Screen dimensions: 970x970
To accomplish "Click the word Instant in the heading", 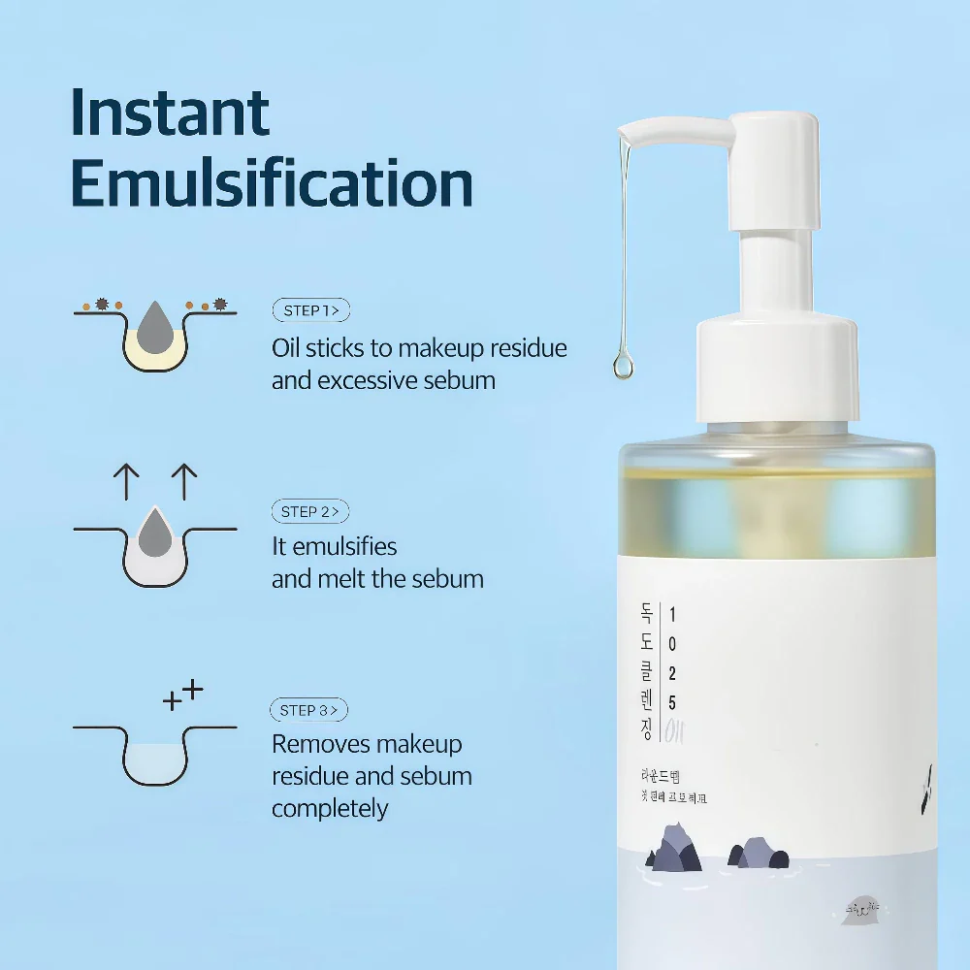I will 170,113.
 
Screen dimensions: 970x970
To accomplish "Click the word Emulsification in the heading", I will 272,182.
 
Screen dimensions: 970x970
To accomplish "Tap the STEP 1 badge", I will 310,310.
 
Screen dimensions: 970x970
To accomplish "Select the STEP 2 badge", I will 309,511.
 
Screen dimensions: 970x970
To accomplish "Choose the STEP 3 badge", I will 308,710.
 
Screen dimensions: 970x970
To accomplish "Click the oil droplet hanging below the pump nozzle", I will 620,365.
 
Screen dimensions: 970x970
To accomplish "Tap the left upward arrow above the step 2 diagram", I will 126,481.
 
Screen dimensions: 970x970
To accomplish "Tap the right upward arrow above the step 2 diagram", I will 183,481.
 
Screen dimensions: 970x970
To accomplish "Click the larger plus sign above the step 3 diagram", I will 193,690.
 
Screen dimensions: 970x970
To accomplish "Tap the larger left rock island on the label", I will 674,850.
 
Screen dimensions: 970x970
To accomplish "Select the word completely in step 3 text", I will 330,808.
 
